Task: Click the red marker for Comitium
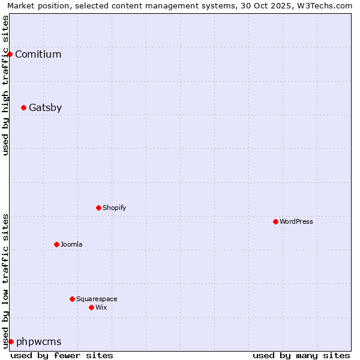click(10, 54)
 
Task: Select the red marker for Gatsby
click(23, 108)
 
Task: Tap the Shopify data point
click(98, 208)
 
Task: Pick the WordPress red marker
click(275, 221)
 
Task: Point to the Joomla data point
click(56, 244)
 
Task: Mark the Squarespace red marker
click(72, 299)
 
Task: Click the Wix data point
click(91, 307)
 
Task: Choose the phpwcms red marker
click(11, 341)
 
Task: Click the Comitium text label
click(38, 55)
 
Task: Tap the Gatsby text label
click(45, 108)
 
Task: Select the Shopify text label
click(114, 208)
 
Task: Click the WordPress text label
click(296, 222)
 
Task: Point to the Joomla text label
click(71, 245)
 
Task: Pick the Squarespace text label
click(97, 299)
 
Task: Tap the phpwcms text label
click(38, 342)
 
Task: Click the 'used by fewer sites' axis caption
click(62, 355)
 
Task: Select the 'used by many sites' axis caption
click(301, 355)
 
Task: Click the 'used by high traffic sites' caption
click(5, 85)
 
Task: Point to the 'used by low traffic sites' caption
click(5, 280)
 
